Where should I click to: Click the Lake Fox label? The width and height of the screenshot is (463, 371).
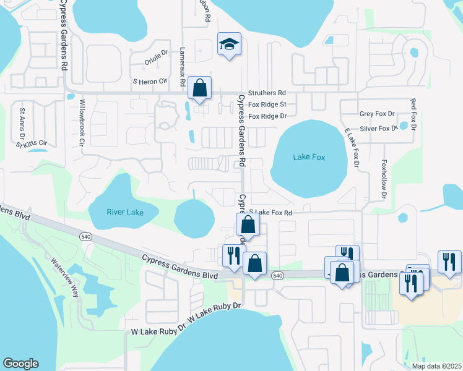309,158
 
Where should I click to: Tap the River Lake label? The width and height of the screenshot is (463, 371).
125,213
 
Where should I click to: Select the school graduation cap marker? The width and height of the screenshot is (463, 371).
229,45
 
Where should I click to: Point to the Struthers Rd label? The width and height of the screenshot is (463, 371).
267,92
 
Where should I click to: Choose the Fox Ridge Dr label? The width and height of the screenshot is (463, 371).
267,116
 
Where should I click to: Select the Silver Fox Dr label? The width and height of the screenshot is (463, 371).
379,129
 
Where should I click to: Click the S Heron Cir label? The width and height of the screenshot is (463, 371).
150,81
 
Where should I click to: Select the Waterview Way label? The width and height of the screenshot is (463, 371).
65,278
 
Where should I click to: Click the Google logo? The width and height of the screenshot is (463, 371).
20,364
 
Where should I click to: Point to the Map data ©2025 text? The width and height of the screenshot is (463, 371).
436,365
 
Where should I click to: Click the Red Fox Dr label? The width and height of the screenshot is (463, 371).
413,114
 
